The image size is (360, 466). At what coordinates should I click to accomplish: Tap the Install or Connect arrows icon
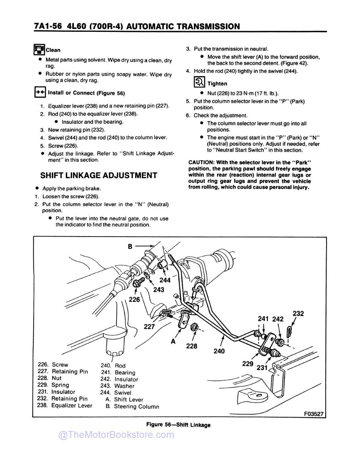(40, 93)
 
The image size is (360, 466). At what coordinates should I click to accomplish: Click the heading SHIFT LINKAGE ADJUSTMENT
(99, 176)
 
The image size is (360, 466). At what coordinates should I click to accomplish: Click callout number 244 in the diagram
(165, 280)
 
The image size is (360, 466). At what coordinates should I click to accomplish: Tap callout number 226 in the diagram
(134, 299)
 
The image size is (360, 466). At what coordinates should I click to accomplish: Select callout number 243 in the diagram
(158, 290)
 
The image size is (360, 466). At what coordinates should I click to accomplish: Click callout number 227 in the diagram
(149, 326)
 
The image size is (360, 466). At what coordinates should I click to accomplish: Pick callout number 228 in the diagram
(192, 346)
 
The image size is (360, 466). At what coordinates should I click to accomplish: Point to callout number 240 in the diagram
(219, 351)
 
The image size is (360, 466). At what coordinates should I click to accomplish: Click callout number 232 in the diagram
(298, 313)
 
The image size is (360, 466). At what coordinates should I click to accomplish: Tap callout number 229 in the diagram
(248, 363)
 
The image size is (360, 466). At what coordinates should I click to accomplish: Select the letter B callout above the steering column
(130, 246)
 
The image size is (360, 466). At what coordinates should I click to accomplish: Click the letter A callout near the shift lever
(173, 341)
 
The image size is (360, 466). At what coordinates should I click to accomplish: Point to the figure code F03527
(314, 414)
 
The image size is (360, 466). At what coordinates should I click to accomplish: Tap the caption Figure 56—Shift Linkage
(178, 425)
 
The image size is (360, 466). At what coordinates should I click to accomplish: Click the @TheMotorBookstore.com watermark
(116, 435)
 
